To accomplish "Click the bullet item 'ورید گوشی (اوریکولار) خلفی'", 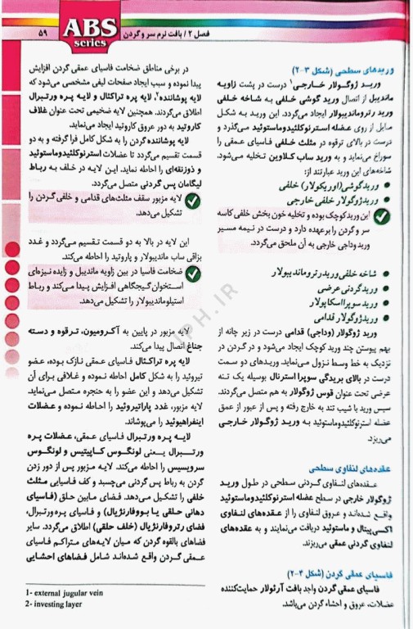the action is (x=328, y=186).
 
